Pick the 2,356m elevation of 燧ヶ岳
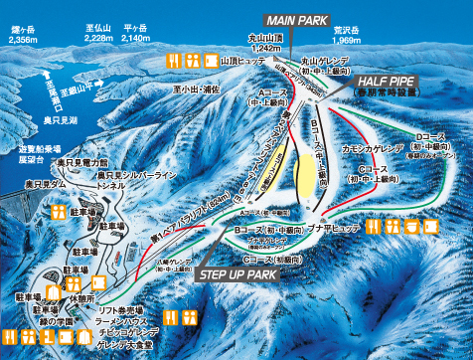(x=21, y=44)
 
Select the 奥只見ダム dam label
(x=45, y=185)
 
